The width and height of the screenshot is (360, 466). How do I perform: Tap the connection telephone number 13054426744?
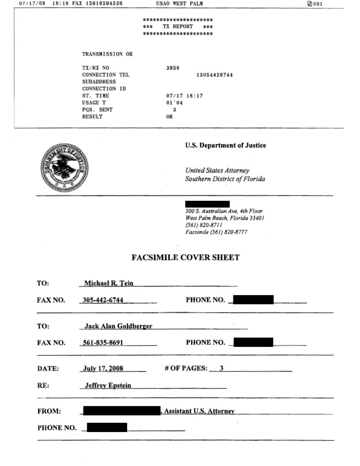point(214,75)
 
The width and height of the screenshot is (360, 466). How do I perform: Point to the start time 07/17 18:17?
point(182,96)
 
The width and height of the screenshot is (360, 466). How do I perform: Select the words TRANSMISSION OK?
point(107,54)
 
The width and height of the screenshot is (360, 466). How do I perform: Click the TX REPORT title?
point(178,26)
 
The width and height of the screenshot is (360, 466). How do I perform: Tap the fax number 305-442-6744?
point(103,301)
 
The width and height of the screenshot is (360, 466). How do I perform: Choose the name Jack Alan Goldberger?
point(119,327)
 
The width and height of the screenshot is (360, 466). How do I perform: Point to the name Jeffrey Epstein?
point(108,385)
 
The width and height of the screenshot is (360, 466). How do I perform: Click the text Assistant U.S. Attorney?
point(199,411)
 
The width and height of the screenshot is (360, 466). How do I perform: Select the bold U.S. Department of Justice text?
point(225,146)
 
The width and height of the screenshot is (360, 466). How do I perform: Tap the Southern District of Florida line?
point(225,179)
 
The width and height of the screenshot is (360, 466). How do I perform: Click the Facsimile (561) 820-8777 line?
point(217,233)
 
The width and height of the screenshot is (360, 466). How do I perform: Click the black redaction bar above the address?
point(207,204)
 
